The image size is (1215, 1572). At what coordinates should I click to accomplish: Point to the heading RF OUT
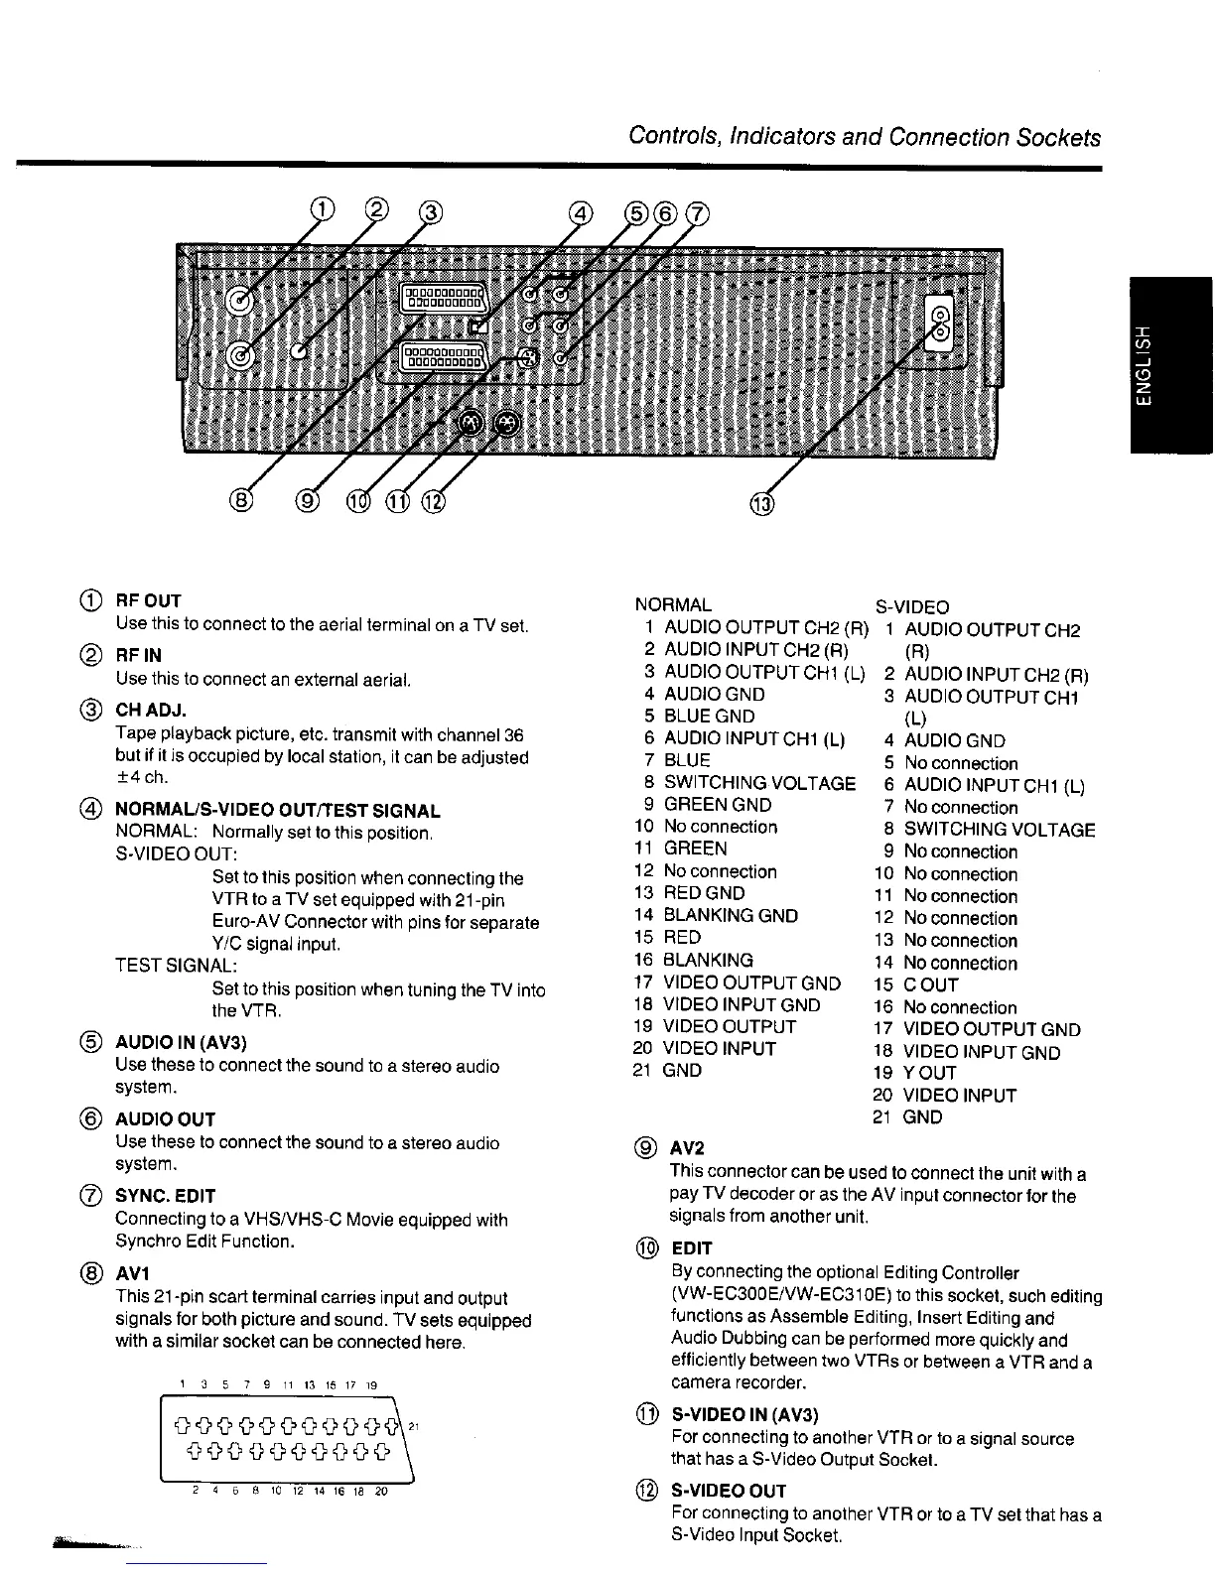[148, 600]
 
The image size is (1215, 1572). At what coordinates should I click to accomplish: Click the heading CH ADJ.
[151, 711]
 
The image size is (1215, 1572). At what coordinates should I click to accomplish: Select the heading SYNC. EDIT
[165, 1196]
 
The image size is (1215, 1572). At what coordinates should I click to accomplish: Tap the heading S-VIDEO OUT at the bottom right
[729, 1491]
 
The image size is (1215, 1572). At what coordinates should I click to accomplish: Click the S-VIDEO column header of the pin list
[911, 606]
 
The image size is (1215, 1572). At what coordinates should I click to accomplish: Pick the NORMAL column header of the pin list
[672, 604]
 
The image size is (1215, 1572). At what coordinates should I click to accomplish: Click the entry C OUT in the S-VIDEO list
[930, 985]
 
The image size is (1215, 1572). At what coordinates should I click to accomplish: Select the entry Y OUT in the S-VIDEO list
[929, 1073]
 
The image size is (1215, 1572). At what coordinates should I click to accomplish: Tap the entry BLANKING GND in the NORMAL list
[730, 915]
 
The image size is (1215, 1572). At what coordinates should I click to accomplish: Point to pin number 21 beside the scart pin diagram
[417, 1426]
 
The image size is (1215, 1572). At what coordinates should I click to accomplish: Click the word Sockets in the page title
[1058, 137]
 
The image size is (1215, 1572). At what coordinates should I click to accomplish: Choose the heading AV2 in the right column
[687, 1148]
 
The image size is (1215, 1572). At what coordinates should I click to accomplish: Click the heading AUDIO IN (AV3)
[181, 1042]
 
